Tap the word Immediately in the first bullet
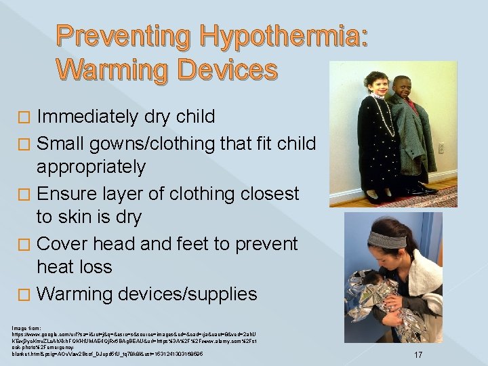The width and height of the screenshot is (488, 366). (89, 117)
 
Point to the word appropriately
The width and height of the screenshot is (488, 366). (91, 167)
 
